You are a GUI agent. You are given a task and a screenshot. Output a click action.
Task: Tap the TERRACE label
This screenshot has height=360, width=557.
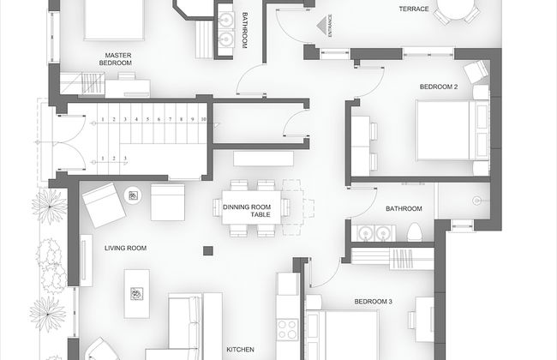coord(414,9)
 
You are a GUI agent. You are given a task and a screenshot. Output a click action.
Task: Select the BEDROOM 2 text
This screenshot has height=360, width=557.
coord(439,87)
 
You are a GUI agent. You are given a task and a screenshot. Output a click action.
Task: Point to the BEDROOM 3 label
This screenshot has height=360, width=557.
coord(373,302)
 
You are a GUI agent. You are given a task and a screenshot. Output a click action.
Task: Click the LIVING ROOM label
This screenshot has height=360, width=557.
coord(126,249)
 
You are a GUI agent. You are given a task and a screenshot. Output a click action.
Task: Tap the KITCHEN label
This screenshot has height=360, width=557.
coord(240,350)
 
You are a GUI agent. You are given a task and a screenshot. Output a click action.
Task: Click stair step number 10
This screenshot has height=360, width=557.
coord(203,118)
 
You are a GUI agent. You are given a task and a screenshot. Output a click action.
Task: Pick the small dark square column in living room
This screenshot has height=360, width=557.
coord(208,250)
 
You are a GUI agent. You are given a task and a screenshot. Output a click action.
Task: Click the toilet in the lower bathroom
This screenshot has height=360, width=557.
coord(413,231)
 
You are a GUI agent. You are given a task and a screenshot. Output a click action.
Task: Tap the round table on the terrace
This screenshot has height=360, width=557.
coord(456,9)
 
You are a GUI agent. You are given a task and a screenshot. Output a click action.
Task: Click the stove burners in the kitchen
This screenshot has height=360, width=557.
coord(287,328)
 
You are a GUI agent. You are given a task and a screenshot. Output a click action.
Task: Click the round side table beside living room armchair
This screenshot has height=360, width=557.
coord(134,195)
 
